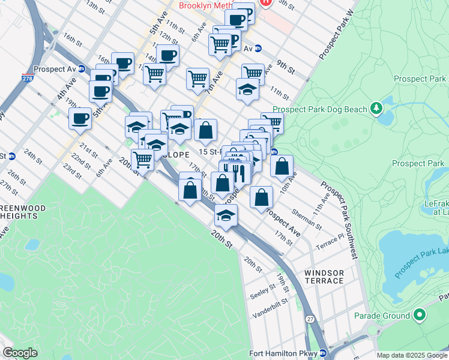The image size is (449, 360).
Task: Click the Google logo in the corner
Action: (x=20, y=353)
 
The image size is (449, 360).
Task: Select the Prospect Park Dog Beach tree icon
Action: (x=376, y=108)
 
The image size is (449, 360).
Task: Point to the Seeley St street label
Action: (x=263, y=287)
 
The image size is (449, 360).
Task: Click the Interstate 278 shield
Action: (x=27, y=77)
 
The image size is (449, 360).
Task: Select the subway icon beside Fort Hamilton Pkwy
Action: (x=323, y=353)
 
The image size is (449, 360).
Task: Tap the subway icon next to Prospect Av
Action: (x=81, y=69)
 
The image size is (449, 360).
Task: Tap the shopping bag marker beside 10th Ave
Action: (x=282, y=166)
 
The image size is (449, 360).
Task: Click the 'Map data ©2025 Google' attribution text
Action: (x=411, y=355)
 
